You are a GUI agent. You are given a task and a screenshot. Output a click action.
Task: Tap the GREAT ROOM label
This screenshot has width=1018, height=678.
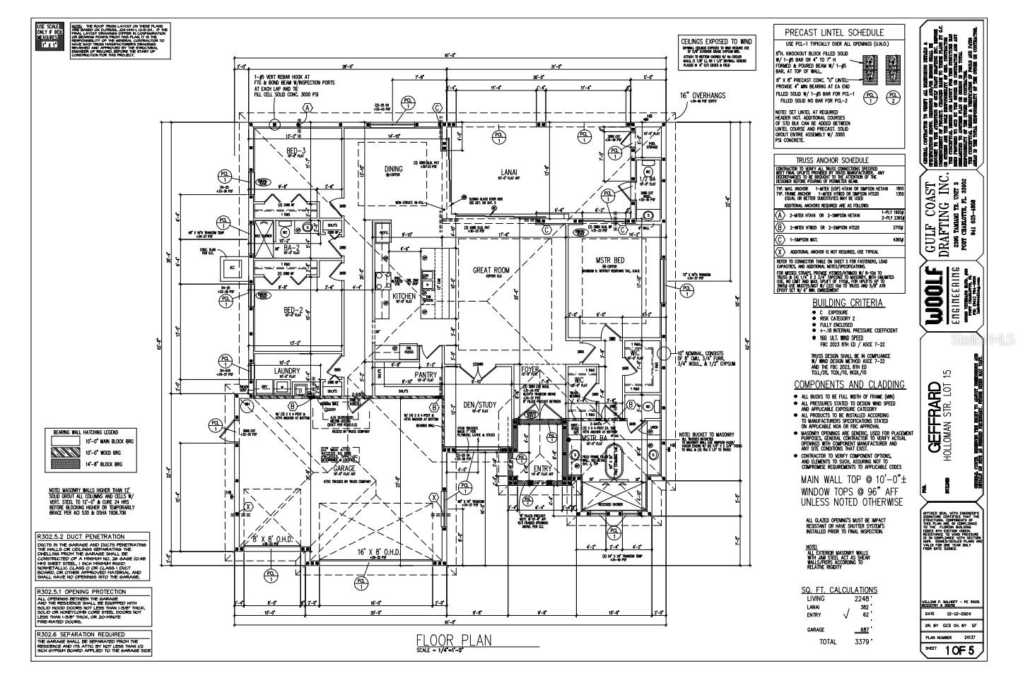click(x=491, y=270)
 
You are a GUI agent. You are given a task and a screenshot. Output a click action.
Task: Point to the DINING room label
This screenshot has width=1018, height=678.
click(x=394, y=169)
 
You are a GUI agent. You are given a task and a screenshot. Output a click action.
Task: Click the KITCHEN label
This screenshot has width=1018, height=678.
click(x=404, y=297)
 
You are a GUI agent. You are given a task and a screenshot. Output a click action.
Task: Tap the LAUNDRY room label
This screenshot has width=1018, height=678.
click(x=288, y=371)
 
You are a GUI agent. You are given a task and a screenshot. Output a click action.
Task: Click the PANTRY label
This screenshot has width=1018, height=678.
click(x=426, y=375)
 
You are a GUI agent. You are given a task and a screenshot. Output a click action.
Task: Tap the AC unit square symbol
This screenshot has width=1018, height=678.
click(x=231, y=268)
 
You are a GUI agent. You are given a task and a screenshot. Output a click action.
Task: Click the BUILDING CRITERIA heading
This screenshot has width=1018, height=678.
click(x=837, y=302)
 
